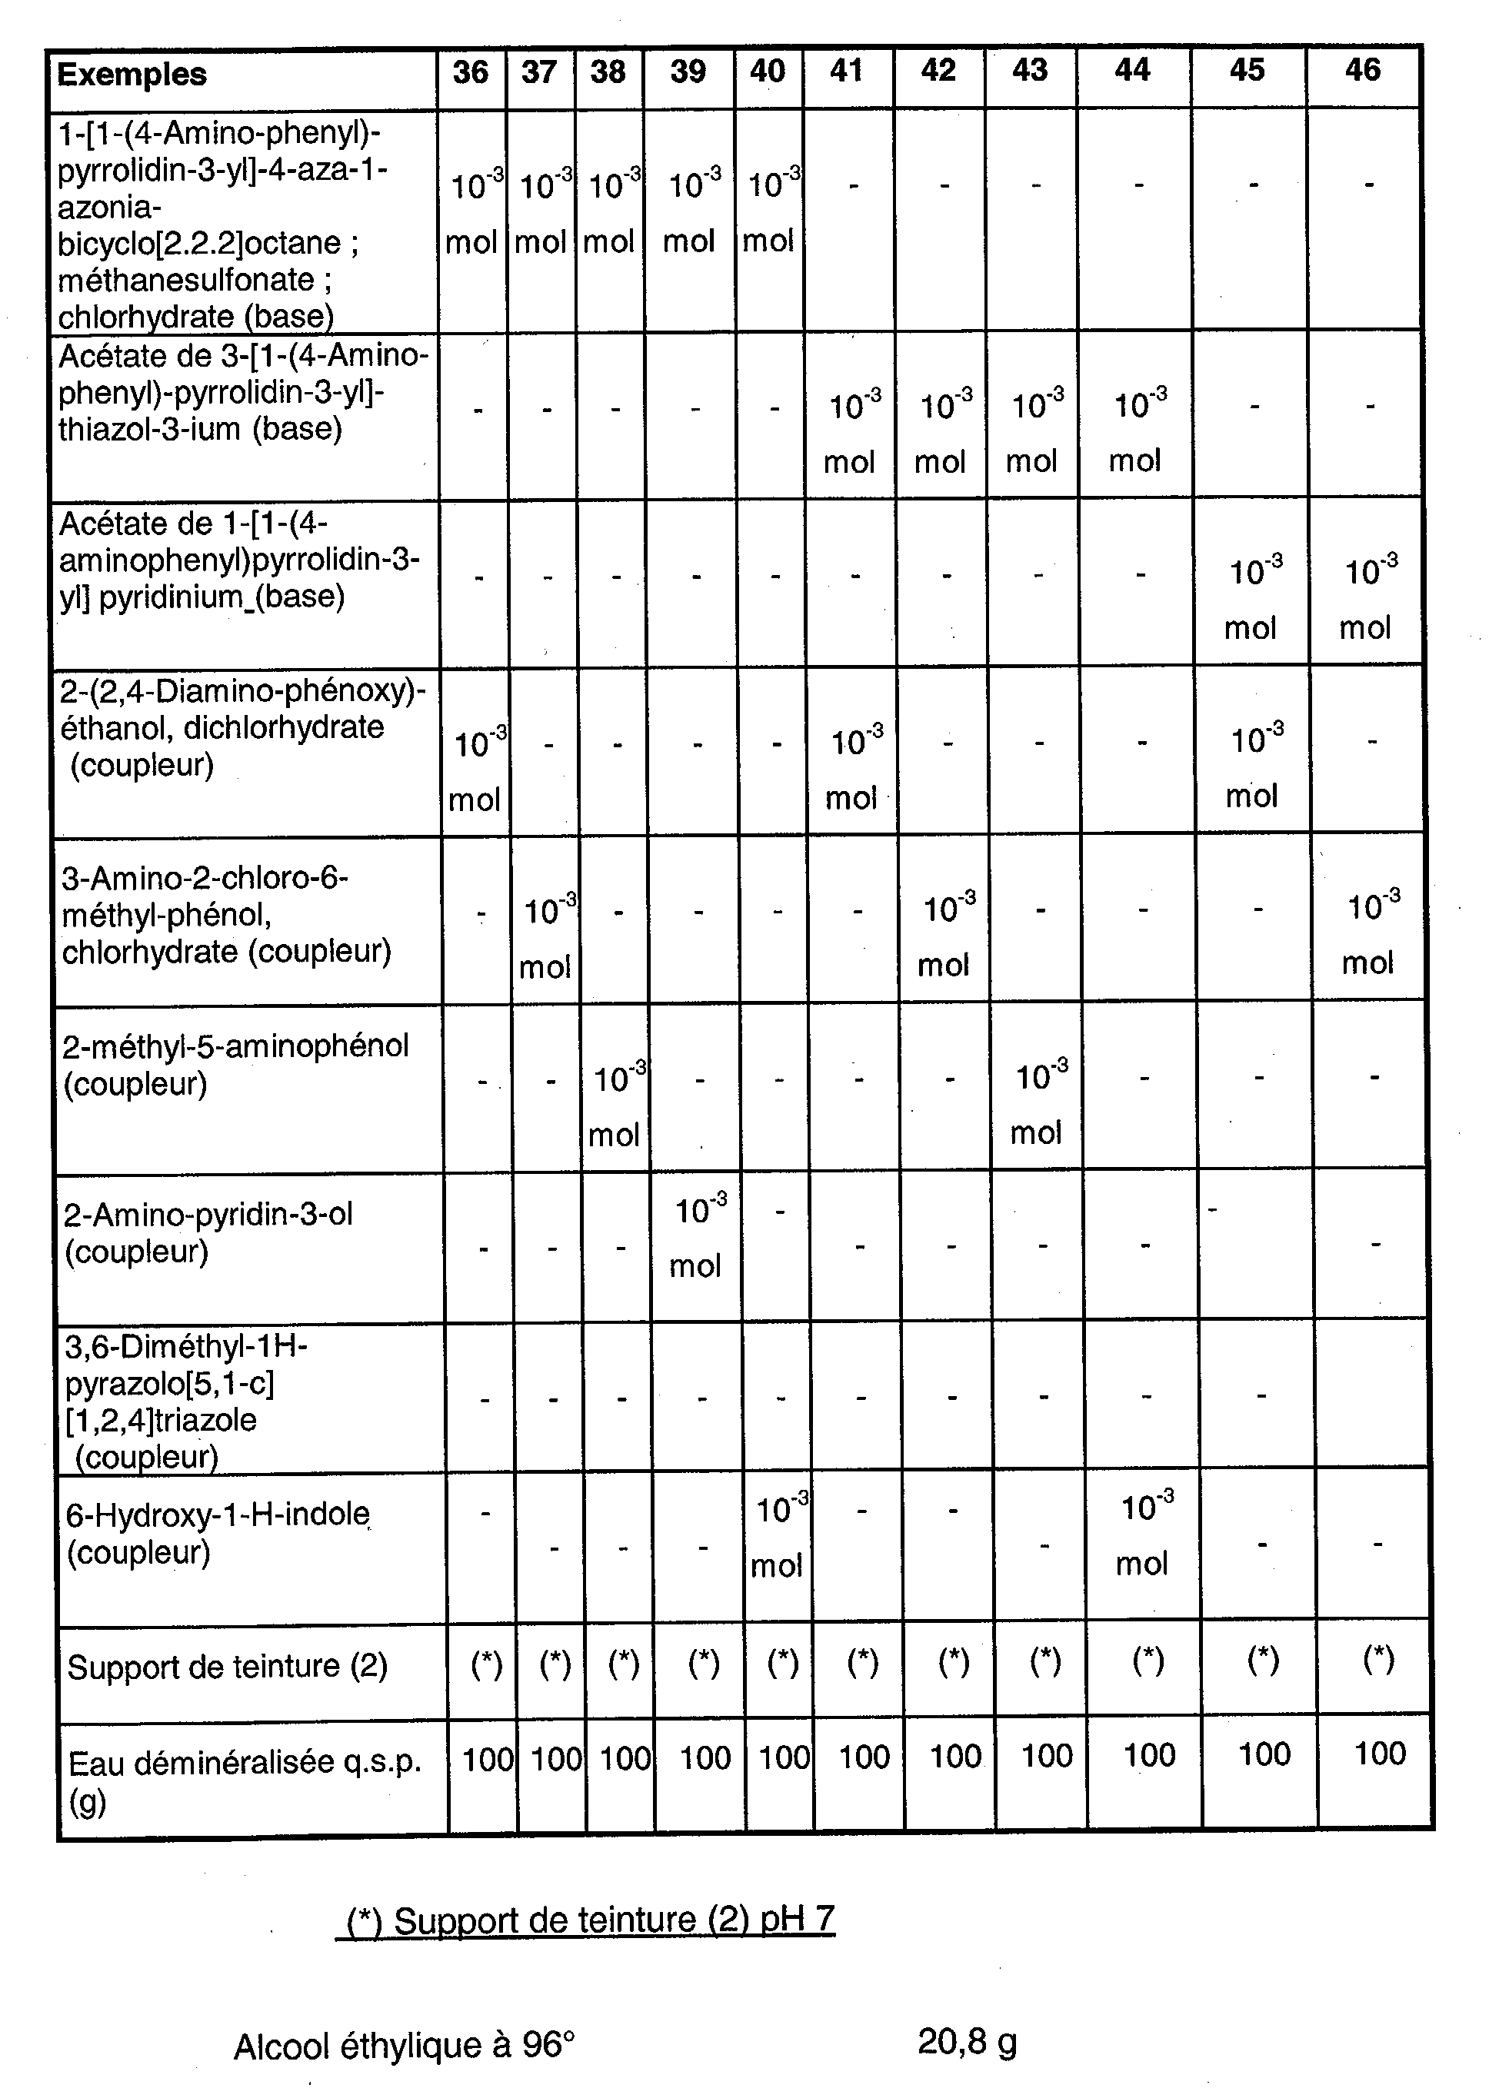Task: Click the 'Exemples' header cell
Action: pyautogui.click(x=132, y=75)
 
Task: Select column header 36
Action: pyautogui.click(x=471, y=72)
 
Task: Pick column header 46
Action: pyautogui.click(x=1362, y=70)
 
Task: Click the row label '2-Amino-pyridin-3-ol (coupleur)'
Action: pyautogui.click(x=208, y=1233)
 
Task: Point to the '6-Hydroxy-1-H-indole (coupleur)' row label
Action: pyautogui.click(x=218, y=1532)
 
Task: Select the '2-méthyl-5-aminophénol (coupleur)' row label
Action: pyautogui.click(x=235, y=1065)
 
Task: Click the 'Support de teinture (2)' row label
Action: pyautogui.click(x=228, y=1667)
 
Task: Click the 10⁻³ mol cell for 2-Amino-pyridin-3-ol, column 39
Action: pyautogui.click(x=698, y=1238)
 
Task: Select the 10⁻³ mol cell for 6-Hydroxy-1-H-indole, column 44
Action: pyautogui.click(x=1144, y=1535)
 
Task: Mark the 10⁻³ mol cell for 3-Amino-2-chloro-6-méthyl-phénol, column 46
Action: pyautogui.click(x=1371, y=934)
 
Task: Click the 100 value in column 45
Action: pyautogui.click(x=1264, y=1754)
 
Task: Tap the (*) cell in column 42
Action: pyautogui.click(x=954, y=1661)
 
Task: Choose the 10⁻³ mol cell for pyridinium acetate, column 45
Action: pyautogui.click(x=1254, y=600)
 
